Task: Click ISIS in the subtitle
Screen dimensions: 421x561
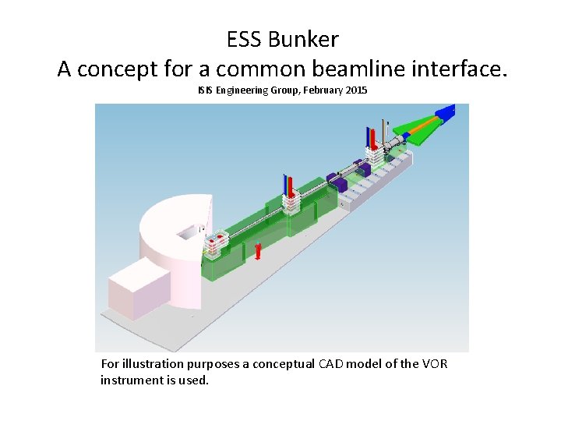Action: click(204, 91)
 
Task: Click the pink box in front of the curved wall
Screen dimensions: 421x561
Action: click(141, 288)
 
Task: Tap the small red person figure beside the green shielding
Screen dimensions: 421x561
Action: click(258, 251)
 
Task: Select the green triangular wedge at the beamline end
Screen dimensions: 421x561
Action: click(420, 129)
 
